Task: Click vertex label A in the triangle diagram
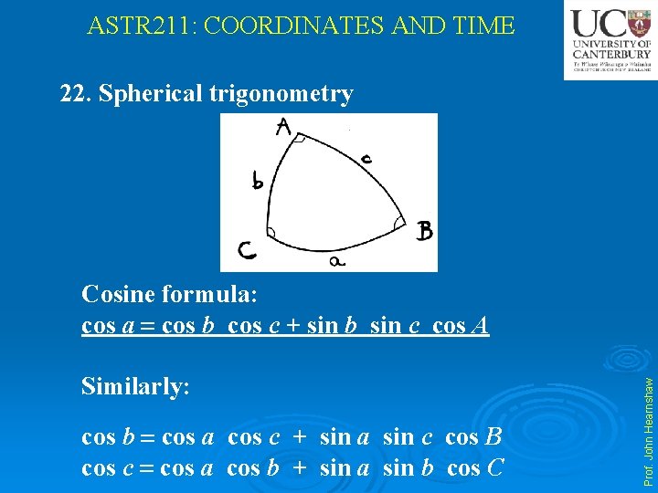[x=283, y=127]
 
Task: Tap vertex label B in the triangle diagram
[x=423, y=231]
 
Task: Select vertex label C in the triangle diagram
[x=247, y=249]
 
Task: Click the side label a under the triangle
[x=336, y=261]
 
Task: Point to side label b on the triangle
[x=259, y=182]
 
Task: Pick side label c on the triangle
[x=366, y=159]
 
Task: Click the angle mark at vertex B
[x=399, y=222]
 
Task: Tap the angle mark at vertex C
[x=271, y=232]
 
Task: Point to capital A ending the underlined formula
[x=481, y=326]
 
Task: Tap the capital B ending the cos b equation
[x=494, y=437]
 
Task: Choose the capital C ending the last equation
[x=494, y=469]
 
